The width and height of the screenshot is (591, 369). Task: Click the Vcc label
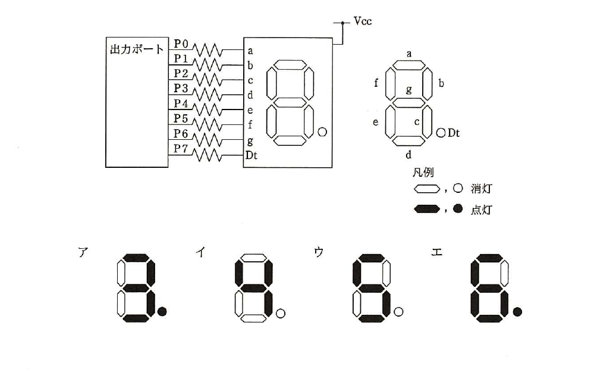(363, 21)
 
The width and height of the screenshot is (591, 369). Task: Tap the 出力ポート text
(137, 49)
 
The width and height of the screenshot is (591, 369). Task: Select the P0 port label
(181, 44)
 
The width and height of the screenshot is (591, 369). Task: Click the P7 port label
(181, 149)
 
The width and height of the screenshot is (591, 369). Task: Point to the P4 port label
(181, 104)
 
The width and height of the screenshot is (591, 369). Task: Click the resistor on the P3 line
(208, 94)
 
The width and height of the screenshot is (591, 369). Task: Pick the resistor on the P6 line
(208, 140)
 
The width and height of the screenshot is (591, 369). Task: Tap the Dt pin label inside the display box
(251, 155)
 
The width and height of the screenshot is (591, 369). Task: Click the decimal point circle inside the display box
(322, 132)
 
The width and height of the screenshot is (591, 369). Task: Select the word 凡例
(423, 173)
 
